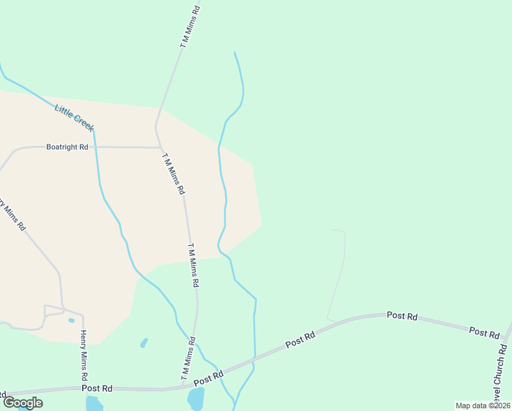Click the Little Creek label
(74, 117)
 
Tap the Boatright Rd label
(67, 147)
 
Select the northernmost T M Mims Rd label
(191, 27)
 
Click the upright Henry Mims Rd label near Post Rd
(84, 356)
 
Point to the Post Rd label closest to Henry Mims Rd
(97, 388)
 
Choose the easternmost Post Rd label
(484, 332)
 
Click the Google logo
(23, 403)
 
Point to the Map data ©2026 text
(482, 406)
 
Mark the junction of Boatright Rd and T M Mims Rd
(160, 147)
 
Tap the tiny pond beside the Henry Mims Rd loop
(71, 320)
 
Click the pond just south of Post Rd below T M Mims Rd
(196, 398)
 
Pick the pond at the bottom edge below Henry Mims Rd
(94, 403)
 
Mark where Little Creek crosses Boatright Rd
(94, 147)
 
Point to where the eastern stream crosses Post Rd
(254, 358)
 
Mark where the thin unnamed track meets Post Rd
(330, 321)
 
